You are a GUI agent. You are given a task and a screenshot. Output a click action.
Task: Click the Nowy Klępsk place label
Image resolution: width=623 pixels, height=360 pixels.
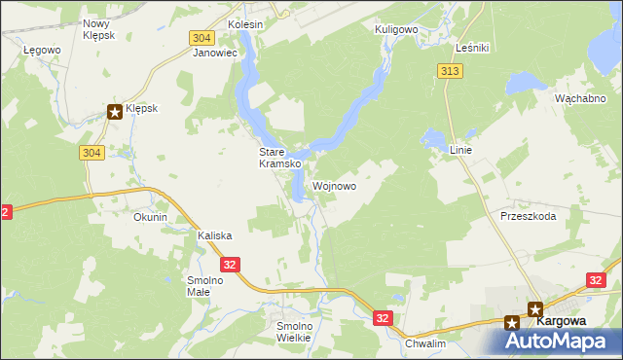click(98, 28)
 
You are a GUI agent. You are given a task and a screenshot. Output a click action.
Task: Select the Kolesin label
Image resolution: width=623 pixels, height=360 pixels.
click(245, 23)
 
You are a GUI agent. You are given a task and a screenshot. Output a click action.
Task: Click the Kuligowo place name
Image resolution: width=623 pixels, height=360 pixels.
click(396, 30)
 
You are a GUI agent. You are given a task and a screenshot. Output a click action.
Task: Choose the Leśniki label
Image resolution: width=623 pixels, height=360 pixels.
click(471, 47)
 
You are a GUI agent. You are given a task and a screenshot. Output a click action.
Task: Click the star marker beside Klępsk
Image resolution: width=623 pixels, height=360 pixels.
click(115, 112)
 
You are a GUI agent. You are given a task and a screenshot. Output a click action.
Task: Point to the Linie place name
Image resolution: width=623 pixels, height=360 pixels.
click(460, 151)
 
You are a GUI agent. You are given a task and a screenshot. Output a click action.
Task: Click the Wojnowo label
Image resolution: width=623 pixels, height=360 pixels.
click(334, 186)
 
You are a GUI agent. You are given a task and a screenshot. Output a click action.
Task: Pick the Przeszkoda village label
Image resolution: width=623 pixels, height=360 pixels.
click(528, 216)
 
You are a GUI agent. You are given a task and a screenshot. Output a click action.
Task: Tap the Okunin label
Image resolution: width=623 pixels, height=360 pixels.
click(151, 218)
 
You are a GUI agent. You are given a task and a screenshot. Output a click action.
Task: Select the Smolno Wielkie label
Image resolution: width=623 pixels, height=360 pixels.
click(293, 332)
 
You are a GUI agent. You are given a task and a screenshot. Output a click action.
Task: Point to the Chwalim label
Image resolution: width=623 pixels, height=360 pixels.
click(424, 343)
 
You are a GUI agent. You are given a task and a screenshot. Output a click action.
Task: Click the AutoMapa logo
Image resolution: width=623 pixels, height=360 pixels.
click(563, 341)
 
